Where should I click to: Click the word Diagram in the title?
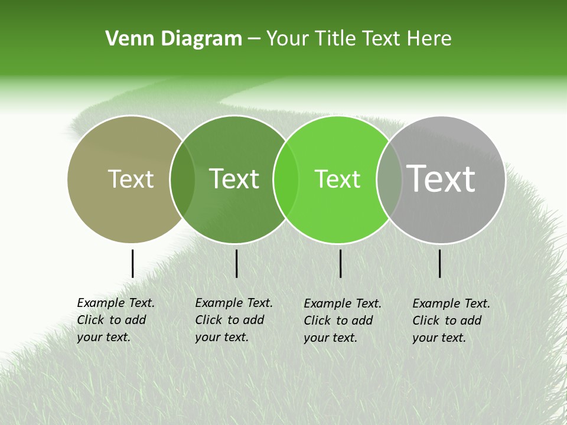201,39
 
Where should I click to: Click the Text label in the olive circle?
131,179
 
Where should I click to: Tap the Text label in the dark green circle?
234,179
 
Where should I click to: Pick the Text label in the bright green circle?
337,179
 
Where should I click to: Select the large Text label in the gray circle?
441,178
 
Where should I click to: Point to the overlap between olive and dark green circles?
183,179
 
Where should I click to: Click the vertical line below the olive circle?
132,263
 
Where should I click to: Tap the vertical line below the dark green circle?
236,263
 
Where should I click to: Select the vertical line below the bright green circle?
341,263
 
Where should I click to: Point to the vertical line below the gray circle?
440,263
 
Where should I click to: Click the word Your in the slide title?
288,39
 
